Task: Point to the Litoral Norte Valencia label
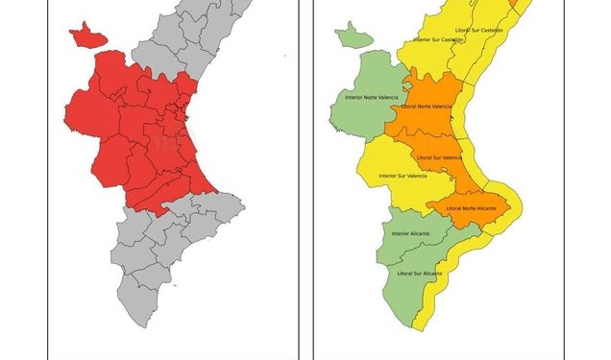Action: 427,106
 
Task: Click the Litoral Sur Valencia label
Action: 439,157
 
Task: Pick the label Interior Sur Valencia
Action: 403,176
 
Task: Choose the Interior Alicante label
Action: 411,234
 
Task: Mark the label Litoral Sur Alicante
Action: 420,274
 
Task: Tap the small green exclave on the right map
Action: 353,37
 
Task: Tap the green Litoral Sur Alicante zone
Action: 413,288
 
